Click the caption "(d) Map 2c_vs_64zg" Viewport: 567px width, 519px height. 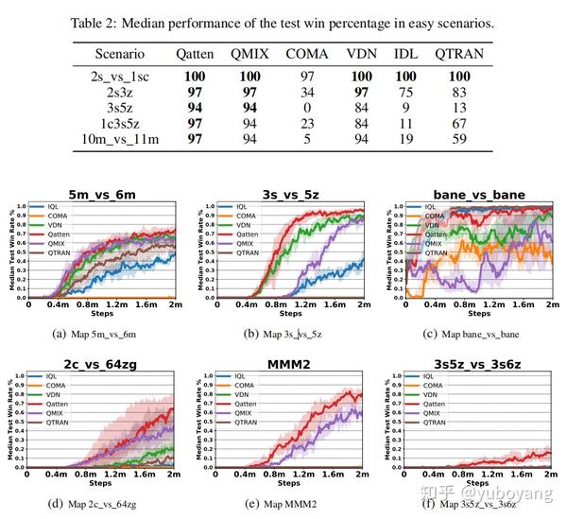[x=99, y=504]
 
